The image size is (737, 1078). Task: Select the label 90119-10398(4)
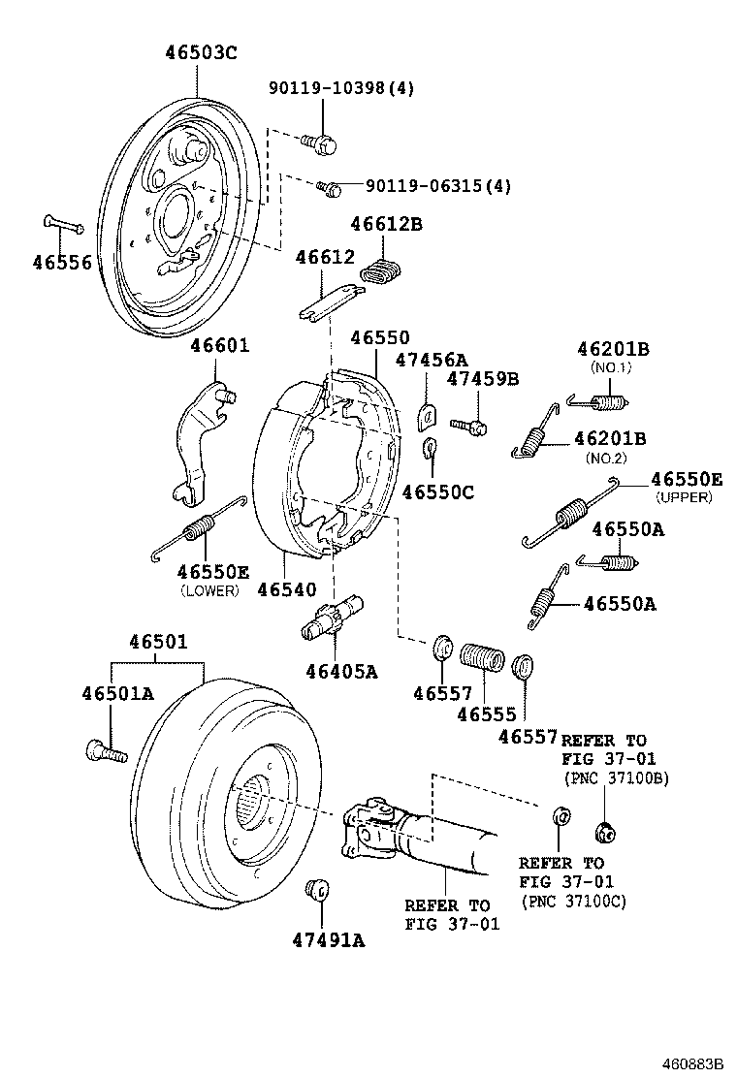point(341,88)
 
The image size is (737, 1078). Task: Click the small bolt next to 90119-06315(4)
point(330,186)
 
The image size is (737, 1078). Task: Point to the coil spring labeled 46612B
point(385,273)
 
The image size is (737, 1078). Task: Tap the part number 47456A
point(431,360)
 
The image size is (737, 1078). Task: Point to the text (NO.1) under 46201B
point(611,367)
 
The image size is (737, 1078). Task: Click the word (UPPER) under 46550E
point(684,497)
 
